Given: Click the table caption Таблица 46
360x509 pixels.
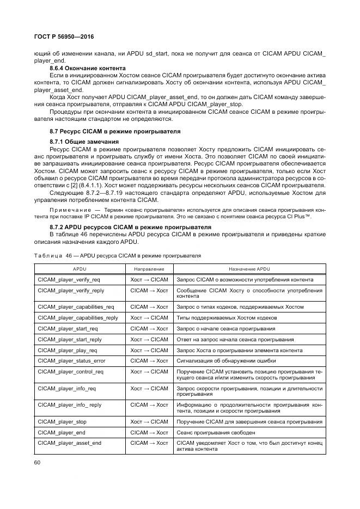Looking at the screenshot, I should tap(118, 255).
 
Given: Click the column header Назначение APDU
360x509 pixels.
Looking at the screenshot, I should tap(249, 269).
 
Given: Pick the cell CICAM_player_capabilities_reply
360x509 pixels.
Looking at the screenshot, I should tap(78, 317).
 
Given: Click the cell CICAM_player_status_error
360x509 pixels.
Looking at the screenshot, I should tap(72, 361).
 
